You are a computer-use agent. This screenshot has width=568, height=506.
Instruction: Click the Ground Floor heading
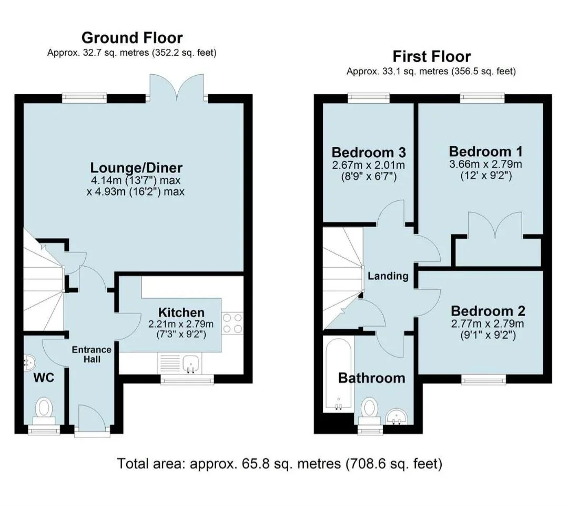tap(132, 38)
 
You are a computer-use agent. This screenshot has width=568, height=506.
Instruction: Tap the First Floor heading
tap(431, 56)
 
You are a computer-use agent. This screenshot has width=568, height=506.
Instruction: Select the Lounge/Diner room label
tap(136, 168)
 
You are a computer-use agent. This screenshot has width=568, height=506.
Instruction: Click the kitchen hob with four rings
tap(232, 323)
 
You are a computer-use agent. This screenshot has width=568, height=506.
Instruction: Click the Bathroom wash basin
tap(397, 416)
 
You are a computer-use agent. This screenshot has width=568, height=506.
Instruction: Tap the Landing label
tap(388, 276)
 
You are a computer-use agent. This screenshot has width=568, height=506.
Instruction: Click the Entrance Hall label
tap(92, 354)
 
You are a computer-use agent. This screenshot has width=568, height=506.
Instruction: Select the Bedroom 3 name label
tap(369, 152)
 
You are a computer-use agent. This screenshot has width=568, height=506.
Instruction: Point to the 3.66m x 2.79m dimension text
tap(485, 164)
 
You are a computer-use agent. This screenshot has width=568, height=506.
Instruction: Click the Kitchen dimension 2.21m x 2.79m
tap(181, 324)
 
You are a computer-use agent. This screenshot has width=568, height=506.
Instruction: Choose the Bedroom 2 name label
tap(488, 311)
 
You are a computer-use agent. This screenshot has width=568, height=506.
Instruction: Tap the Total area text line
tap(280, 463)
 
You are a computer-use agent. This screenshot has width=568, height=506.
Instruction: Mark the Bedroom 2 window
tap(484, 379)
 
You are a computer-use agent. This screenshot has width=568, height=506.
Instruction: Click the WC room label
tap(44, 378)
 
